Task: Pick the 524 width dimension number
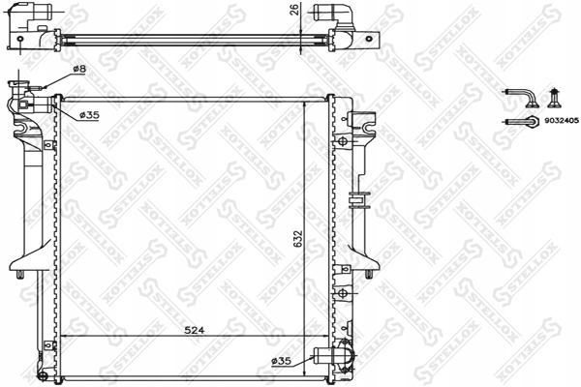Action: (x=194, y=329)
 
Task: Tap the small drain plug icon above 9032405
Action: (x=555, y=96)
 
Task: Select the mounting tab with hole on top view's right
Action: (x=365, y=40)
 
